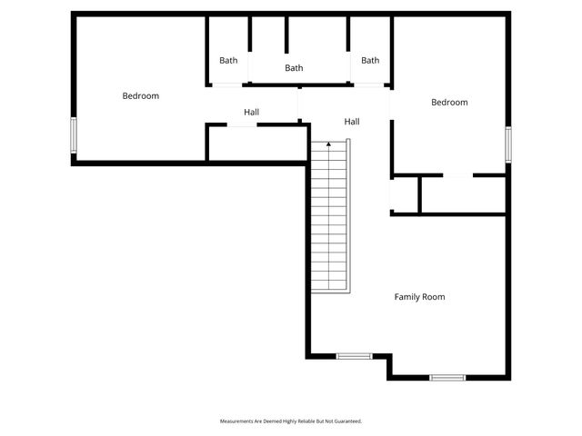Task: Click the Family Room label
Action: pos(419,297)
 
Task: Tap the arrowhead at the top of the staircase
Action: pos(328,144)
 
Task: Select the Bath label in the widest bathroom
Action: pos(294,68)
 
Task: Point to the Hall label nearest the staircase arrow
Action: pos(351,122)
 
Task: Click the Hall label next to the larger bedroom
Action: pos(252,113)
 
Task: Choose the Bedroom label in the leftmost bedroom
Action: pos(141,96)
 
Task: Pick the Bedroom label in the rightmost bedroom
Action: pos(449,103)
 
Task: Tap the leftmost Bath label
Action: pos(228,61)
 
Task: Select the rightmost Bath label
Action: pos(370,61)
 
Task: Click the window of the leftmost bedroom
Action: pos(75,134)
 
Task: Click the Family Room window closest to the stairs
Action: pos(354,356)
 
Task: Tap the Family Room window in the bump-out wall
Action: pos(447,377)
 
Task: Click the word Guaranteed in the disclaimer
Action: pos(346,421)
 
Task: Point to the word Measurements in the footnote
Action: pos(236,421)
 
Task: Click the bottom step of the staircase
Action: pos(328,287)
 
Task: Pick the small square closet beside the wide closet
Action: pos(405,194)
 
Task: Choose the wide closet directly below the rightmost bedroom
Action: pos(462,194)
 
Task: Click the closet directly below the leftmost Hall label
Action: pos(258,144)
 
